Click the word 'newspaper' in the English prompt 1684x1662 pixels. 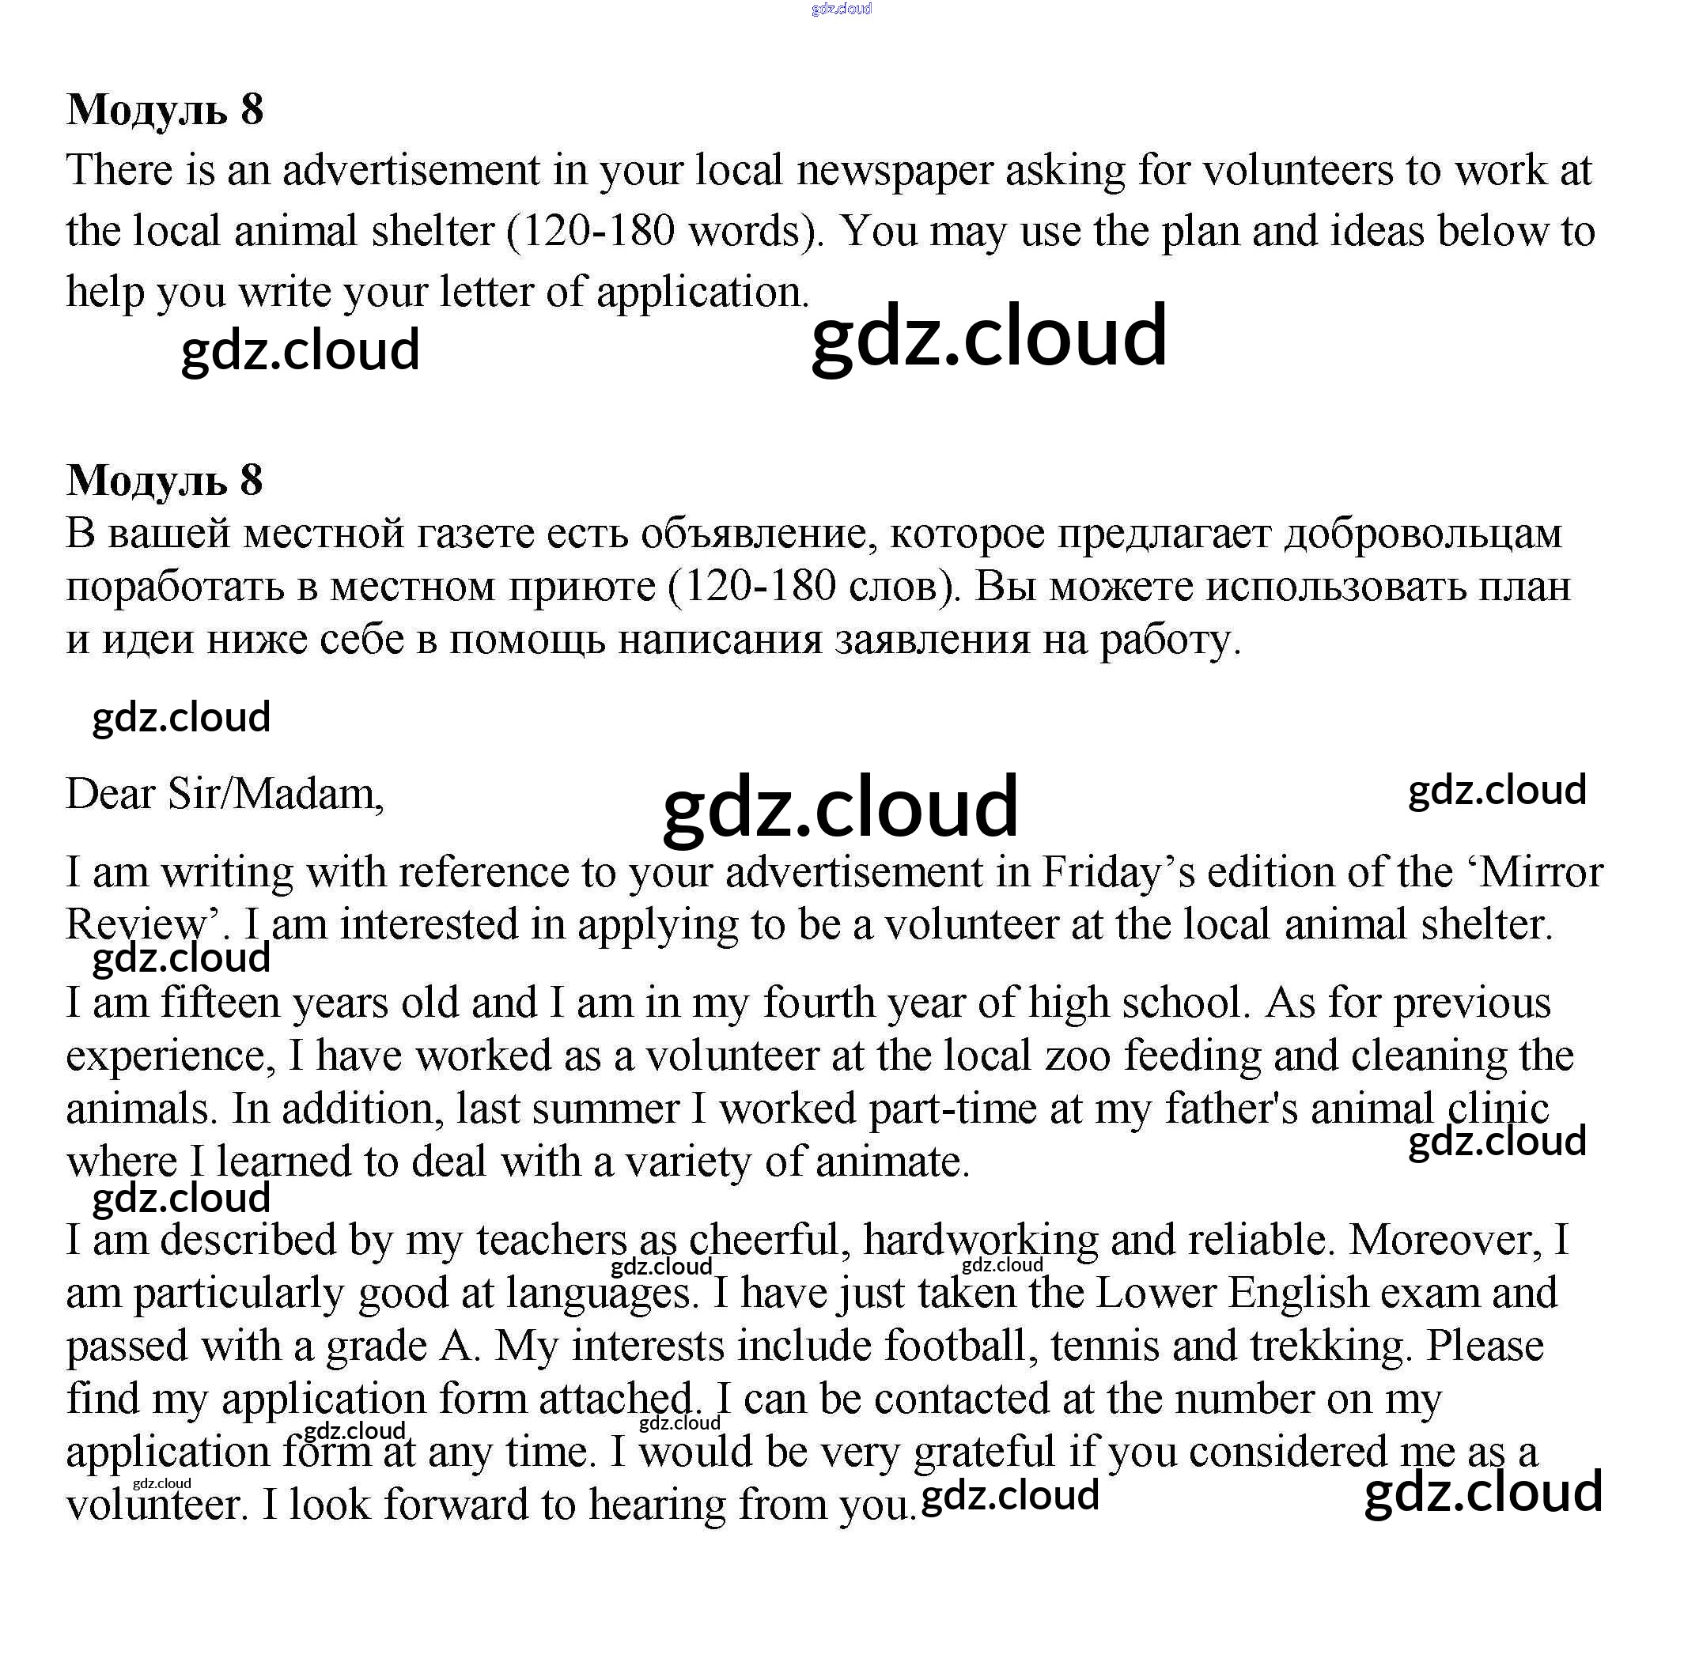[x=895, y=171]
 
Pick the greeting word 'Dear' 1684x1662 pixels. [x=111, y=794]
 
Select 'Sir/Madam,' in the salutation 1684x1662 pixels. [x=275, y=794]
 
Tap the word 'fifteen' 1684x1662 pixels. [x=220, y=1003]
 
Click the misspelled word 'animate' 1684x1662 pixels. [x=891, y=1162]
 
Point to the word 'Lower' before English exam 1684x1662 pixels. [x=1155, y=1294]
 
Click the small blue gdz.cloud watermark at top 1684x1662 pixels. [x=841, y=9]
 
